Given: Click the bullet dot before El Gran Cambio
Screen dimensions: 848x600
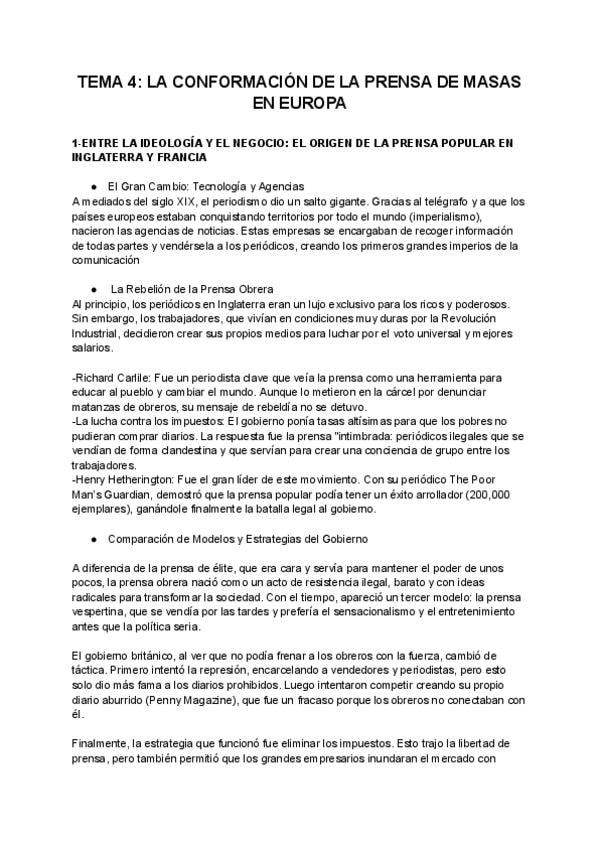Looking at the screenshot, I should pos(93,187).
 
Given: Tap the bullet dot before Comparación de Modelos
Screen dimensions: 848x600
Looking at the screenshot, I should pos(93,541).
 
